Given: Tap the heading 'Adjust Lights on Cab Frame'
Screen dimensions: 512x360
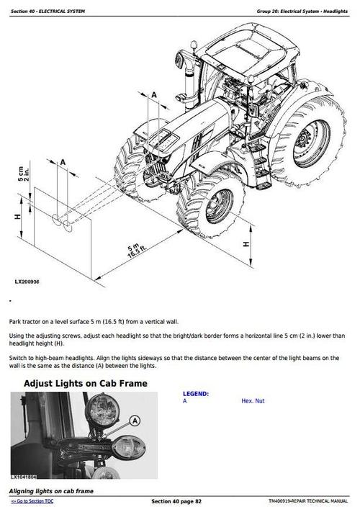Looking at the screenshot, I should click(x=86, y=383).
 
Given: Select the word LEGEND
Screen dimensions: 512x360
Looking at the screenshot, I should click(x=196, y=394).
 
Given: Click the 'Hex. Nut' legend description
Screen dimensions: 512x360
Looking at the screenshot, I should click(x=253, y=400).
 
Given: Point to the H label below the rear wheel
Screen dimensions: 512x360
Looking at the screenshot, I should click(x=246, y=244).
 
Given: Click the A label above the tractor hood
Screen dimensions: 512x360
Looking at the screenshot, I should click(x=154, y=94).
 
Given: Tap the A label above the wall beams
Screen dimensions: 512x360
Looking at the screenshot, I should click(x=63, y=163).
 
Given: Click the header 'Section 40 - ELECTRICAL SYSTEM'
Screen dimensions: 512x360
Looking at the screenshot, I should click(x=49, y=11).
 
